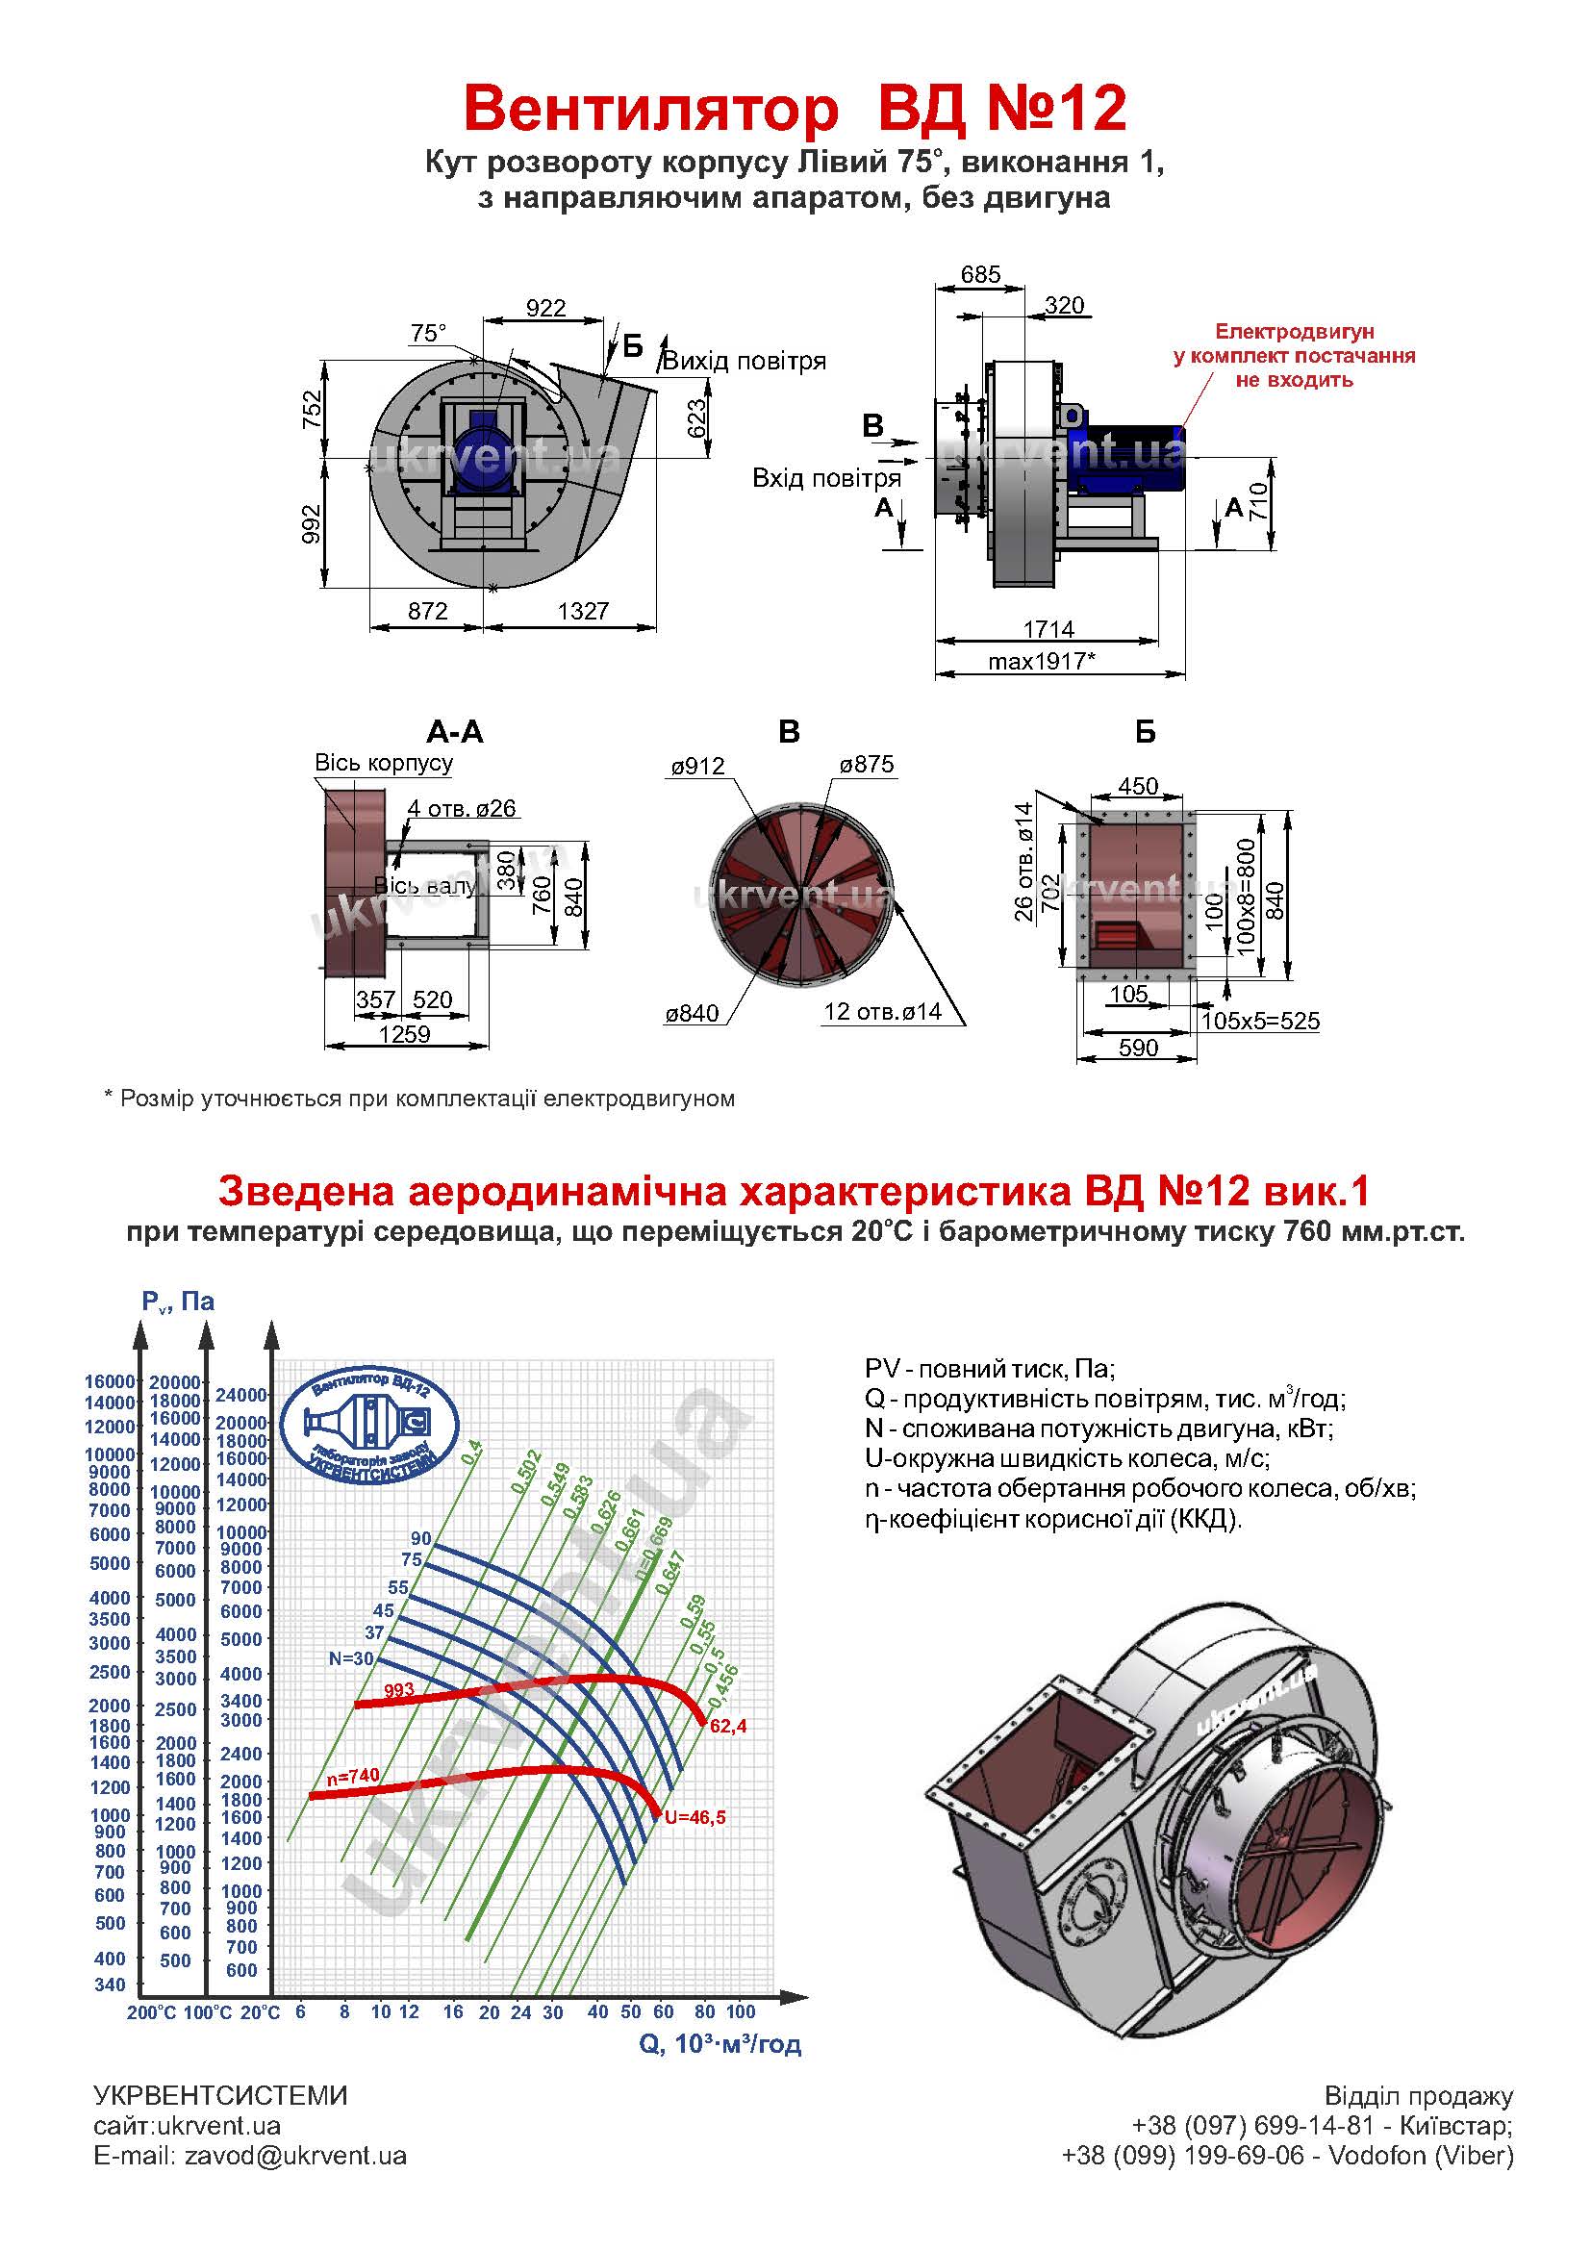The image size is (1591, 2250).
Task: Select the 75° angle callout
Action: click(428, 333)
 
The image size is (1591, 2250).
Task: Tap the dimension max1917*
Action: click(1042, 661)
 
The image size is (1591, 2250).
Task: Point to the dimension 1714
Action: click(1048, 628)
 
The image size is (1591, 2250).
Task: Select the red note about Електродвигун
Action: click(1294, 356)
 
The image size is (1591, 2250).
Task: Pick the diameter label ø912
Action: click(697, 766)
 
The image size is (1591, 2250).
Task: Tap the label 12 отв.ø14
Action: click(883, 1010)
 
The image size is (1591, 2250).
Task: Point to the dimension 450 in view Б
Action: click(1138, 786)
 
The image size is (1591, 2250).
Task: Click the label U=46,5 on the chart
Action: click(694, 1818)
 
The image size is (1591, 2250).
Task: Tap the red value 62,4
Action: click(728, 1727)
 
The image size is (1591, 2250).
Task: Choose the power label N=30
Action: click(351, 1659)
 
